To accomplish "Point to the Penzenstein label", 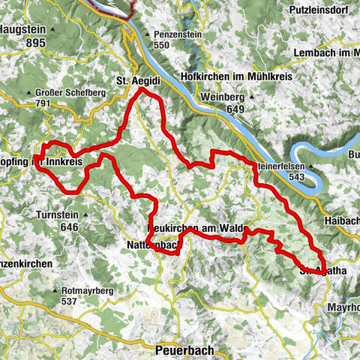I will [179, 34].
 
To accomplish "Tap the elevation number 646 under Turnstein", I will [69, 226].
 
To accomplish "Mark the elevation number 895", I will [34, 43].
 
